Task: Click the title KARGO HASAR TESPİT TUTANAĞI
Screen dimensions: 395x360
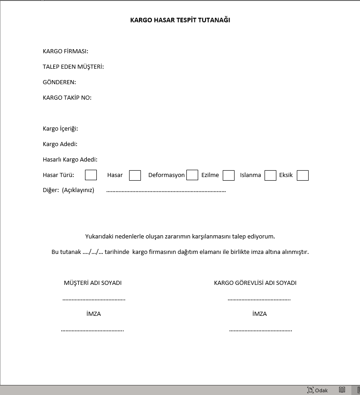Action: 180,20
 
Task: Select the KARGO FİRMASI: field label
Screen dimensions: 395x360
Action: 65,51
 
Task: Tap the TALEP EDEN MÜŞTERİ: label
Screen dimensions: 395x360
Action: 73,67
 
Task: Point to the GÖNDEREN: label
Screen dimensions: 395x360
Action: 59,82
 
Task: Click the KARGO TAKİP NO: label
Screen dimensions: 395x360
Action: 67,98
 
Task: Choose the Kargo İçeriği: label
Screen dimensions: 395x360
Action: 60,129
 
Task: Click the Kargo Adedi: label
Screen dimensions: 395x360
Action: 60,144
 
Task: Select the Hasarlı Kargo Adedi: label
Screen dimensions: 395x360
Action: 70,160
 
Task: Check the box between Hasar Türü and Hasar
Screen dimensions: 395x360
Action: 91,175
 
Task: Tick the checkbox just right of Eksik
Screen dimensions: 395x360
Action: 303,175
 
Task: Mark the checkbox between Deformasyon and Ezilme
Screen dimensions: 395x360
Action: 192,175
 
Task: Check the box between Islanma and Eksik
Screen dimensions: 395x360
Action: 270,175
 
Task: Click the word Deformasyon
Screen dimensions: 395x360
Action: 166,175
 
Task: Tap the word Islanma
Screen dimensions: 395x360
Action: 250,175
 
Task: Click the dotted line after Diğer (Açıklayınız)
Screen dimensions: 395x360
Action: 166,191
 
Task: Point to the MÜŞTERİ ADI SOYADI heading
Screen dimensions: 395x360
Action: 93,283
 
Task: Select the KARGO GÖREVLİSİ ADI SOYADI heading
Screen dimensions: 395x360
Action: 255,283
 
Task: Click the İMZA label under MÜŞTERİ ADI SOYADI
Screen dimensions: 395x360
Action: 93,314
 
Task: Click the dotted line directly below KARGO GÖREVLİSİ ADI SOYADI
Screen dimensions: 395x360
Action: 259,299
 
